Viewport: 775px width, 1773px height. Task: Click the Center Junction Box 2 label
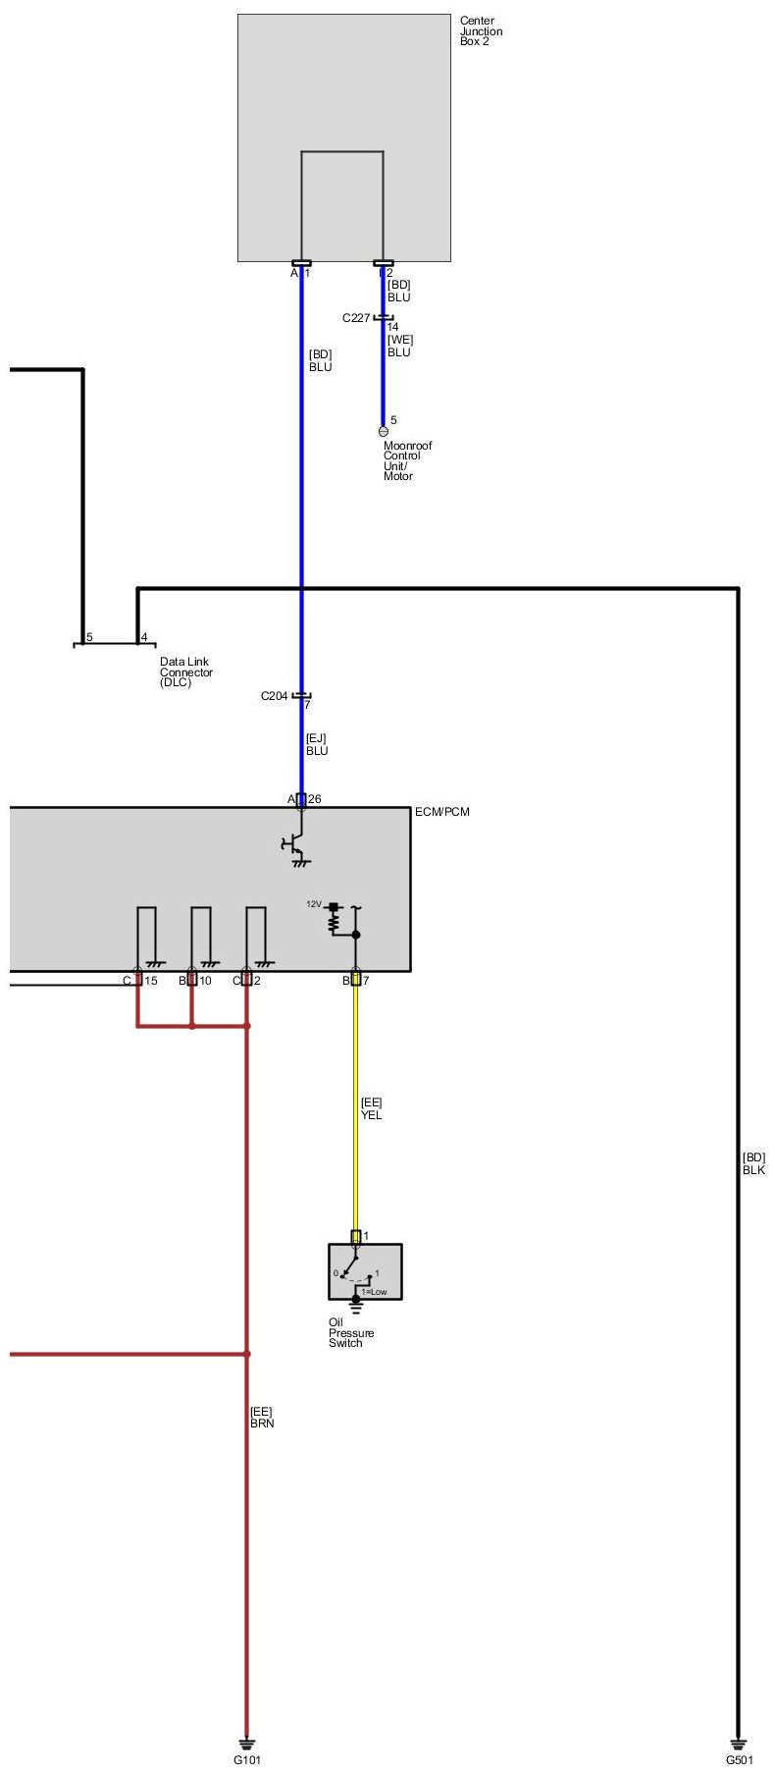click(481, 30)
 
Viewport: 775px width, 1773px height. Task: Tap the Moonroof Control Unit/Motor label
click(407, 460)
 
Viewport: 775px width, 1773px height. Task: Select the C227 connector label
click(355, 318)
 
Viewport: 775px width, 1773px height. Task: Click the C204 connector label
click(274, 696)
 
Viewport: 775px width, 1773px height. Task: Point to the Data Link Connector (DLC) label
click(185, 672)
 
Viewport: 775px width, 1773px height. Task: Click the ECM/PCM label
click(442, 812)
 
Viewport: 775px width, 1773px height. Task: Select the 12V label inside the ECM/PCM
click(313, 903)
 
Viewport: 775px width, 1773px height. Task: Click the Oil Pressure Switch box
click(365, 1271)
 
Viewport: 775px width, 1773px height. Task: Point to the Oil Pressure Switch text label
click(351, 1332)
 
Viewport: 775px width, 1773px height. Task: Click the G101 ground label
click(247, 1760)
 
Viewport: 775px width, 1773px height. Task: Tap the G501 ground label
click(739, 1760)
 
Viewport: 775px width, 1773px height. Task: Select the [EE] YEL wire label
click(372, 1109)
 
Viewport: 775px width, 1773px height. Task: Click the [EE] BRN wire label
click(262, 1417)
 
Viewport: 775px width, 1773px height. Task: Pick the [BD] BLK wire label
click(753, 1163)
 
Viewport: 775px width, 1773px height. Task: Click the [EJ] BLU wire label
click(316, 745)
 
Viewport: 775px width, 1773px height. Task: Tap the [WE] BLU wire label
click(399, 346)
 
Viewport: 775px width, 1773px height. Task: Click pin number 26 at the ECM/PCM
click(315, 799)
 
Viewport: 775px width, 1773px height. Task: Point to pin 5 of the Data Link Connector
click(89, 638)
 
